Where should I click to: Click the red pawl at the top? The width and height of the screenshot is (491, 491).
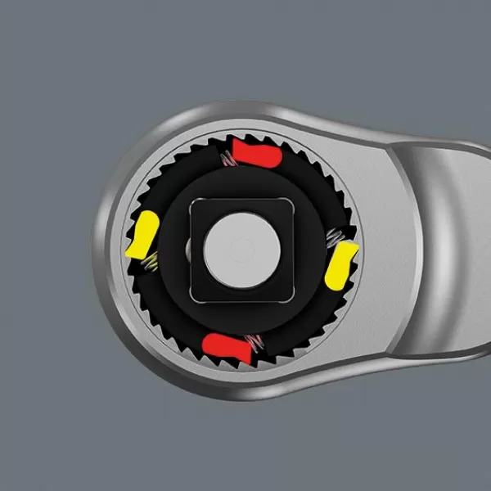[x=254, y=151]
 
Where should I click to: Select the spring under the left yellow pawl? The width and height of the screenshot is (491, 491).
[x=150, y=262]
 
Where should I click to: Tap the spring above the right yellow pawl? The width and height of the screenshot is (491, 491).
[x=333, y=238]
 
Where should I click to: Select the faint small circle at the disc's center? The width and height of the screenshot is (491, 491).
[x=240, y=245]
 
